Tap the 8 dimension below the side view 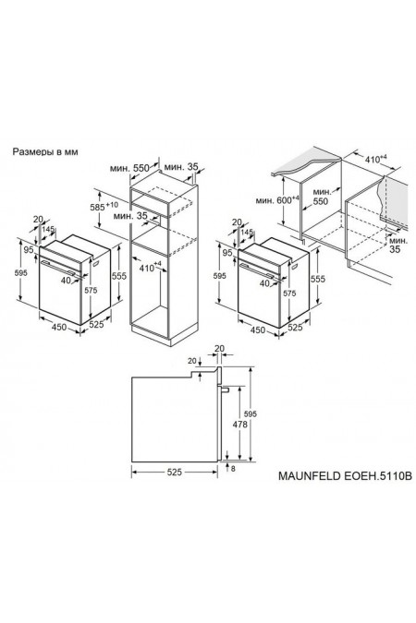(x=233, y=469)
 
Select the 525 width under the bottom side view (x=175, y=472)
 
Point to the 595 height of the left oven (x=9, y=272)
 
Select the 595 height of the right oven (x=219, y=274)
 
